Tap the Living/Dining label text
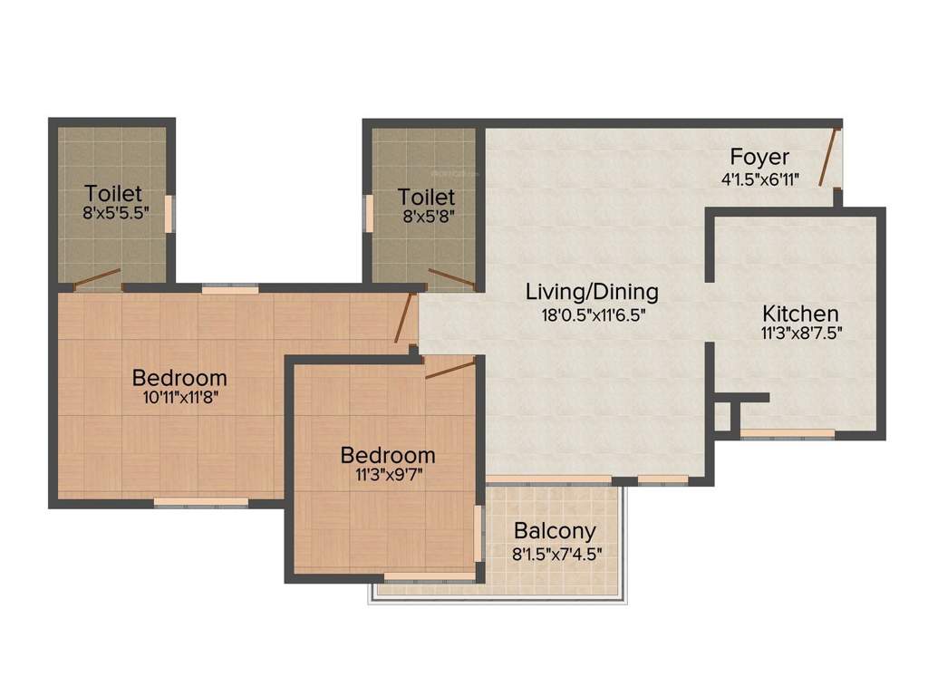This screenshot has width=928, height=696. [592, 292]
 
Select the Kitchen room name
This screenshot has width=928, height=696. [800, 314]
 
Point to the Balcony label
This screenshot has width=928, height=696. [555, 531]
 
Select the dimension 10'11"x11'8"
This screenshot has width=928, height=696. [179, 397]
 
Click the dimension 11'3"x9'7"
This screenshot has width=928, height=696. [387, 475]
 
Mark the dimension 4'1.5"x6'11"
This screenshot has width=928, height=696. [759, 179]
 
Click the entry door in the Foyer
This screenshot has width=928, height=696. [828, 157]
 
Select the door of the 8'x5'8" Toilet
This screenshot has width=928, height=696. [451, 278]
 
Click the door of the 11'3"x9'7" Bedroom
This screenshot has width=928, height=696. [450, 367]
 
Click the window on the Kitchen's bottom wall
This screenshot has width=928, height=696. [787, 434]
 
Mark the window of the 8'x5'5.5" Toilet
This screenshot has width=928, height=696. [169, 213]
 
